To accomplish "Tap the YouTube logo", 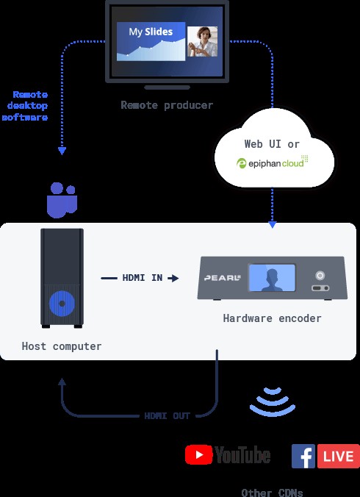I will coord(228,455).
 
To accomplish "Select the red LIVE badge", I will coord(338,457).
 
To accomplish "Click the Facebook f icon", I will coord(303,457).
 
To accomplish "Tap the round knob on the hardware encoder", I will coord(320,275).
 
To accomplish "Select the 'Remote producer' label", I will coord(167,105).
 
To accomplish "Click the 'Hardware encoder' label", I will coord(272,318).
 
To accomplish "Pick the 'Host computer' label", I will coord(62,346).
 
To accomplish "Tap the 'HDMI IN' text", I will coord(143,278).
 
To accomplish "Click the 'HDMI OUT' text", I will coord(168,415).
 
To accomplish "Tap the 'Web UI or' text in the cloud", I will coord(272,144).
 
